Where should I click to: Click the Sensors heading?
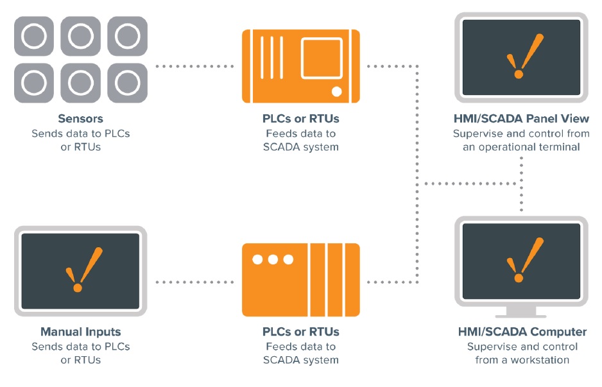pyautogui.click(x=80, y=119)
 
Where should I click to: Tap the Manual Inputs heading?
pyautogui.click(x=80, y=332)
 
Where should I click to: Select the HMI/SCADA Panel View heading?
pyautogui.click(x=520, y=119)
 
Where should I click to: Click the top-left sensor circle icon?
pyautogui.click(x=34, y=36)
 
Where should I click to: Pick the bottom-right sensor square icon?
pyautogui.click(x=127, y=83)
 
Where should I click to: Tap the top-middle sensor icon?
pyautogui.click(x=80, y=36)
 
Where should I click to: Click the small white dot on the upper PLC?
pyautogui.click(x=337, y=91)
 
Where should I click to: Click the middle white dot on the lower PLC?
pyautogui.click(x=273, y=260)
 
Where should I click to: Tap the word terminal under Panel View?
pyautogui.click(x=558, y=147)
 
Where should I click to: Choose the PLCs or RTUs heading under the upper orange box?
pyautogui.click(x=300, y=119)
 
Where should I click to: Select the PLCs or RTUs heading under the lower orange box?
pyautogui.click(x=300, y=332)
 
